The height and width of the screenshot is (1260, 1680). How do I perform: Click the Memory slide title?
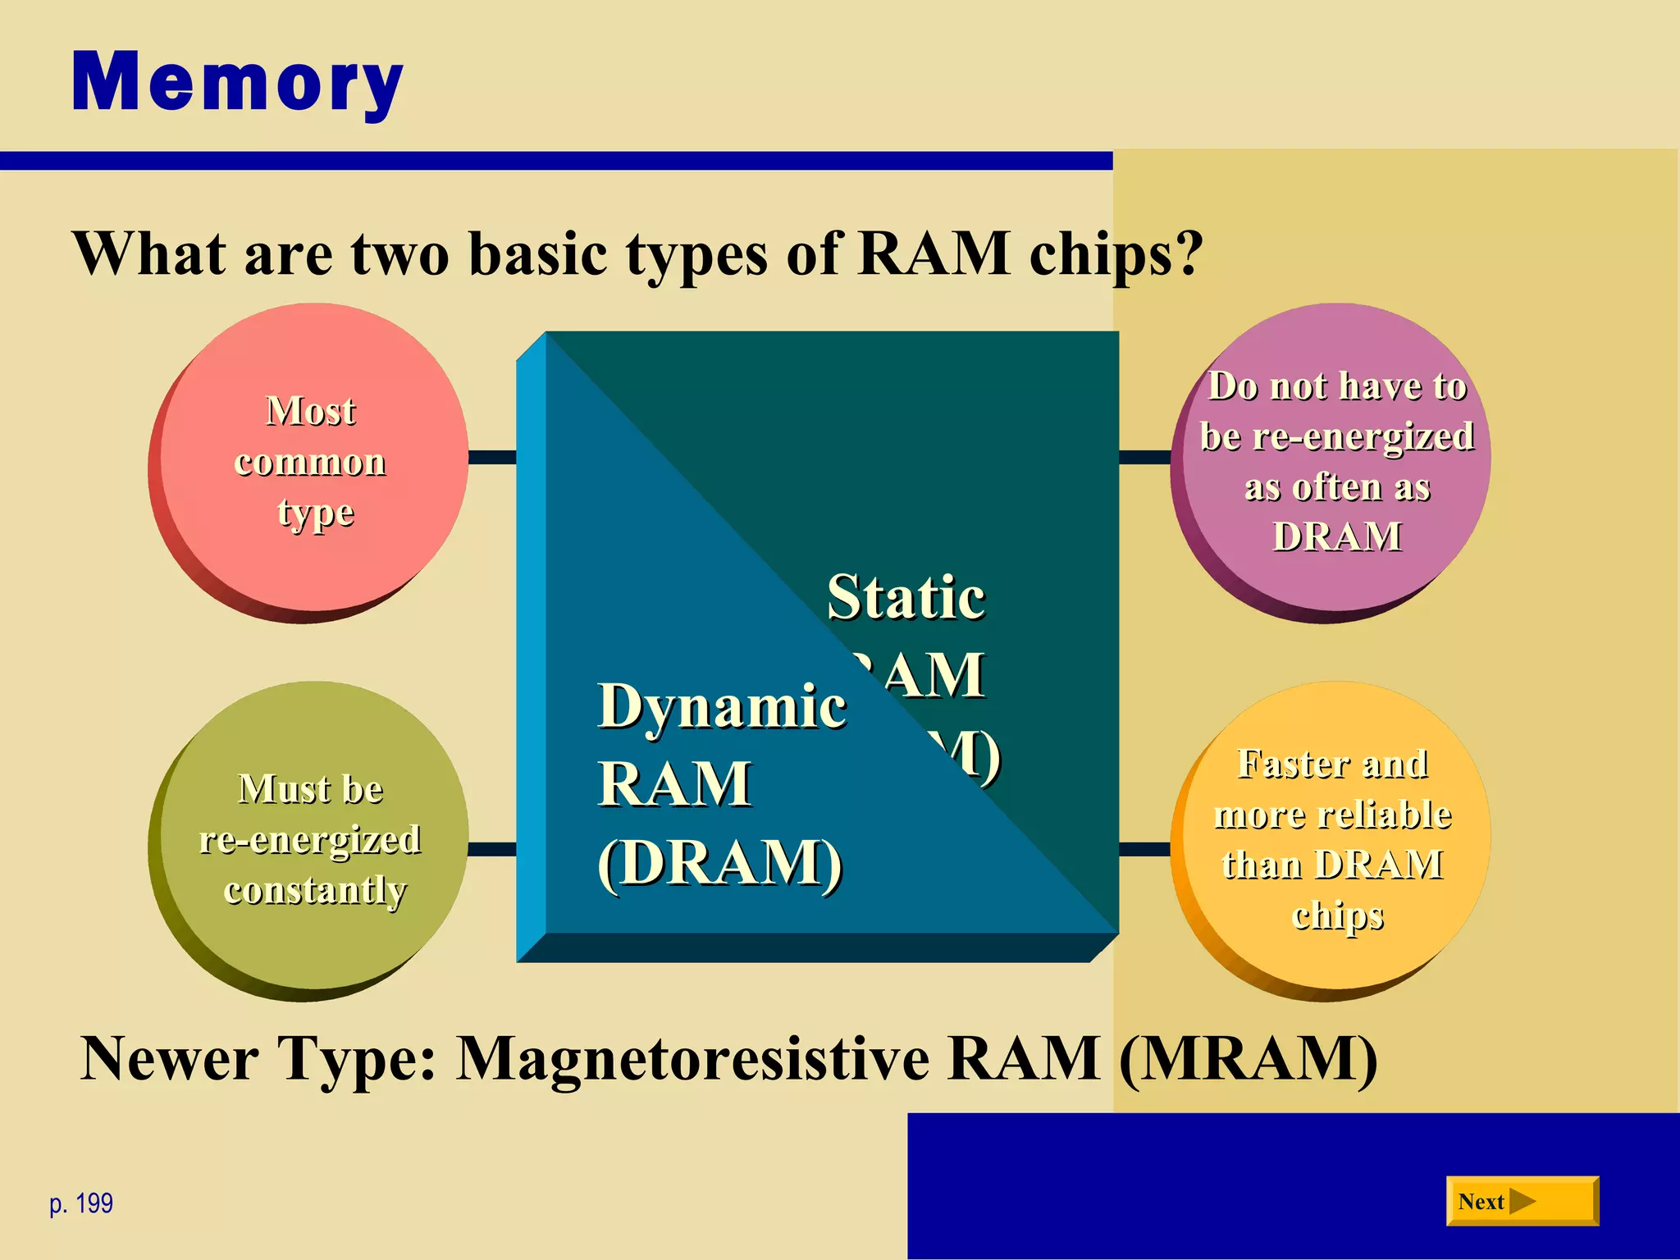[237, 82]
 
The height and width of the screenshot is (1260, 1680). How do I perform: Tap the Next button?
[1522, 1202]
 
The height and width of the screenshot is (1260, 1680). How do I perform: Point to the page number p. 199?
[81, 1203]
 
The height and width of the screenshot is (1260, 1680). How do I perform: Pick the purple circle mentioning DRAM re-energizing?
[1335, 459]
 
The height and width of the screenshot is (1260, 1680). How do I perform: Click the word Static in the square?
[906, 597]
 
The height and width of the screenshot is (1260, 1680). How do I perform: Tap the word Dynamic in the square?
[722, 705]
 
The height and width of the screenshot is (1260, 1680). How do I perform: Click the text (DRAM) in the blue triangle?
[720, 863]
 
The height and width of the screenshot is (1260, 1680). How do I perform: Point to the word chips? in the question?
[1116, 254]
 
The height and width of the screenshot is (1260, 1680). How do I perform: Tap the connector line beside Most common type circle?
[492, 457]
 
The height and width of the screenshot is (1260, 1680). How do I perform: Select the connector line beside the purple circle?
[1144, 457]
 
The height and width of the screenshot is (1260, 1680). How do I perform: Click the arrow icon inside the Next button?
[1522, 1202]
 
